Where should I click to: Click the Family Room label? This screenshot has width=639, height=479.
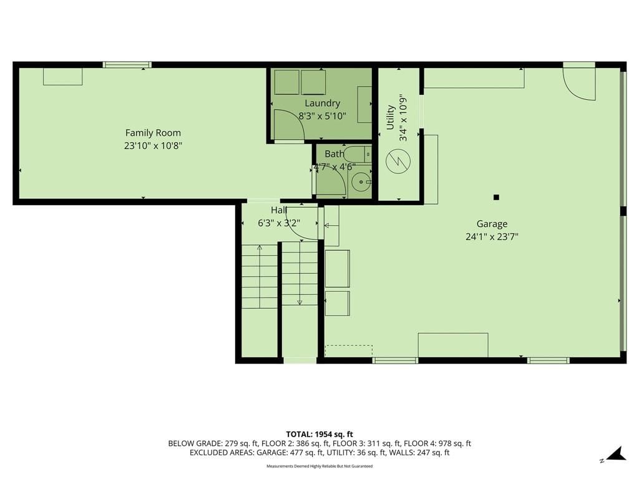click(x=153, y=133)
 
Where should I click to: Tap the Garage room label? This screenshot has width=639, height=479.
click(x=492, y=224)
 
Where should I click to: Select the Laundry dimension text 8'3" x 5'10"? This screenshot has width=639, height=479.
click(x=322, y=116)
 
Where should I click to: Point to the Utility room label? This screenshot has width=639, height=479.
click(x=391, y=117)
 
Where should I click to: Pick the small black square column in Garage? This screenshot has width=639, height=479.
click(x=496, y=198)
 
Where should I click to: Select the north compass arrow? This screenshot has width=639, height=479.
click(x=616, y=454)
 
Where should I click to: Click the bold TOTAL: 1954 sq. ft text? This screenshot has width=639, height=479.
click(x=319, y=434)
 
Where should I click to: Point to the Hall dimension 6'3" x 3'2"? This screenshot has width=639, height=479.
click(x=279, y=223)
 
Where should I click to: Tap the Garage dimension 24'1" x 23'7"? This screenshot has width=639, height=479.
click(x=492, y=236)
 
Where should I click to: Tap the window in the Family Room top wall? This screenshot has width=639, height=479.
click(x=127, y=65)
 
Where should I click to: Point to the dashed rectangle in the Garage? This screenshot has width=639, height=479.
click(x=349, y=351)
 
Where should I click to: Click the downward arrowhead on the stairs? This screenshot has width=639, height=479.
click(x=300, y=302)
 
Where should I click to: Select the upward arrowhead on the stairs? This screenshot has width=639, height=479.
click(x=260, y=247)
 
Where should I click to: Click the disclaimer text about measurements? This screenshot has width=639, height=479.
click(x=319, y=466)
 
